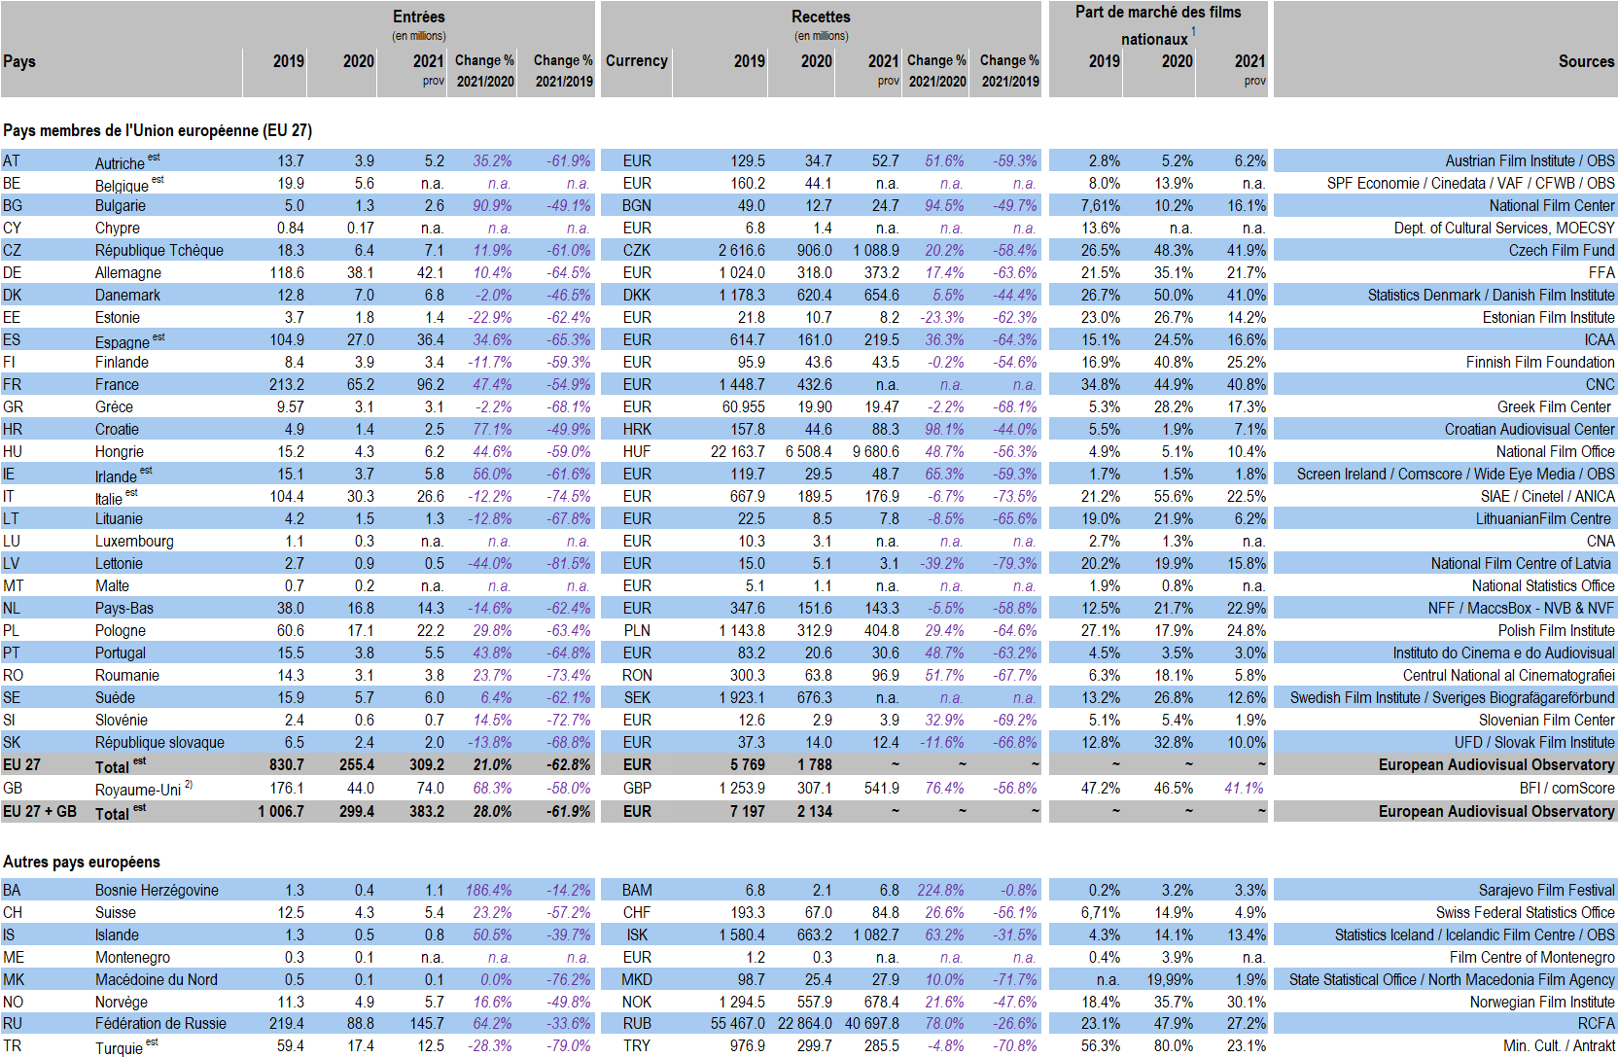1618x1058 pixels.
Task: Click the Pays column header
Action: coord(19,61)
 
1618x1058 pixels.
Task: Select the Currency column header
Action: coord(636,60)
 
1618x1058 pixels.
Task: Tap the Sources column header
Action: coord(1586,61)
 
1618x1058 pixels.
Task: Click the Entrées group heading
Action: coord(419,17)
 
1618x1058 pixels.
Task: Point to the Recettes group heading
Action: coord(822,17)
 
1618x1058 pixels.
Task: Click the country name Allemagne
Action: coord(127,273)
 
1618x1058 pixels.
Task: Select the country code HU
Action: coord(13,452)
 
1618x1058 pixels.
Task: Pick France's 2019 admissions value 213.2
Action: coord(287,385)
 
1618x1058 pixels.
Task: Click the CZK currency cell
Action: coord(636,251)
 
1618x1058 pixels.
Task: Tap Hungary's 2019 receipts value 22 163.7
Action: coord(737,452)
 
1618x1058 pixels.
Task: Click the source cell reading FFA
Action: coord(1601,273)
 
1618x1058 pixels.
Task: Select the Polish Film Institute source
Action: coord(1556,631)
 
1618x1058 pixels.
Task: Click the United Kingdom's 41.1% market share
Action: coord(1246,789)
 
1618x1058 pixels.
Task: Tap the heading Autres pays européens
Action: coord(82,863)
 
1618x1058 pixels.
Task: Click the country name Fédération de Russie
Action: coord(160,1024)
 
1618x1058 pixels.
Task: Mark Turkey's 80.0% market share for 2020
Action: coord(1173,1046)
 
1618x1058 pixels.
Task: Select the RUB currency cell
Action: coord(636,1024)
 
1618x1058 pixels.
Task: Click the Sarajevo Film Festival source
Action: coord(1546,891)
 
